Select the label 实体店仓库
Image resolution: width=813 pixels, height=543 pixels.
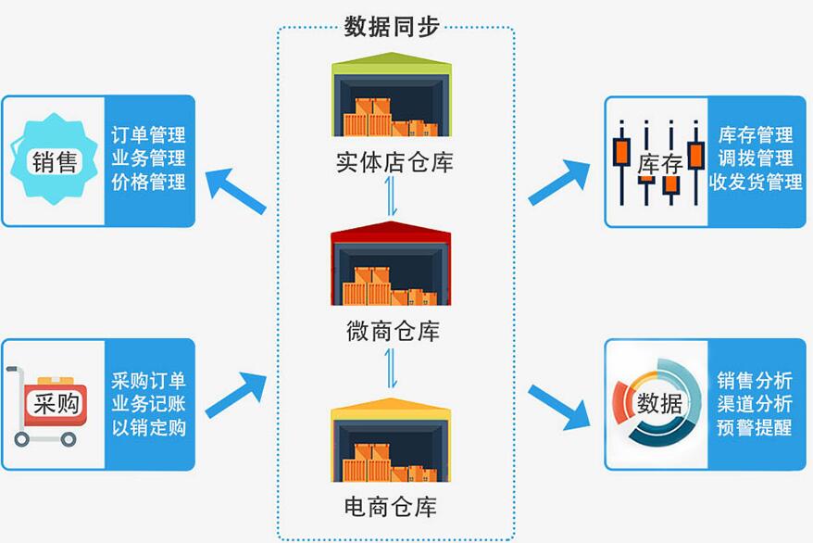tap(394, 163)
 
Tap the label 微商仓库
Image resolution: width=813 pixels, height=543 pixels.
tap(393, 331)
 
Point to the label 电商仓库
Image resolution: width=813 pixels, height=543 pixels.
tap(394, 507)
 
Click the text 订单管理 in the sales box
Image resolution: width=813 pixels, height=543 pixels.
tap(148, 136)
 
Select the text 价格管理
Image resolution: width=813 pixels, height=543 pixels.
tap(148, 182)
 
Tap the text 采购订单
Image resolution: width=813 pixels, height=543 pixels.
tap(148, 381)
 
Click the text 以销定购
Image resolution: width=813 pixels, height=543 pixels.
tap(148, 427)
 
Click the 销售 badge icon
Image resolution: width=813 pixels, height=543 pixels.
tap(54, 161)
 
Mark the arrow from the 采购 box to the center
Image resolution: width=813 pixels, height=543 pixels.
tap(235, 394)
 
